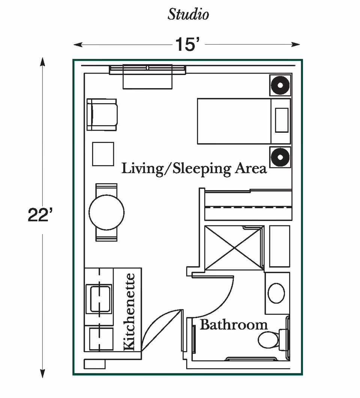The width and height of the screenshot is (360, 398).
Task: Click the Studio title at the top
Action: point(188,15)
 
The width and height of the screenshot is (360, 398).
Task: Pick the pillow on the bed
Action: point(282,120)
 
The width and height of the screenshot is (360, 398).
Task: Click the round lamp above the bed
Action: point(280,86)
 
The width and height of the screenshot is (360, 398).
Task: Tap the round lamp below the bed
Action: point(280,157)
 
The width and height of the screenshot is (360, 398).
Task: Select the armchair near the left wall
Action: point(102,115)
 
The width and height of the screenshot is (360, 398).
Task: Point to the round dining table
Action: point(106,212)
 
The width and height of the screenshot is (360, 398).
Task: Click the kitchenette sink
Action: point(99,299)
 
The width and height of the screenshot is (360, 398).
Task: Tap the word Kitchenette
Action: point(129,312)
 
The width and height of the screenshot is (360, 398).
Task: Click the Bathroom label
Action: point(234,324)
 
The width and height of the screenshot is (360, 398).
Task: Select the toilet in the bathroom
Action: point(272,339)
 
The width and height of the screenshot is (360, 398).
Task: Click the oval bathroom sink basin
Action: point(277,293)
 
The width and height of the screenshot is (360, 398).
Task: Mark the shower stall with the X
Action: point(233,248)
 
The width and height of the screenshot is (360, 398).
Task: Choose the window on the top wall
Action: point(148,69)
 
